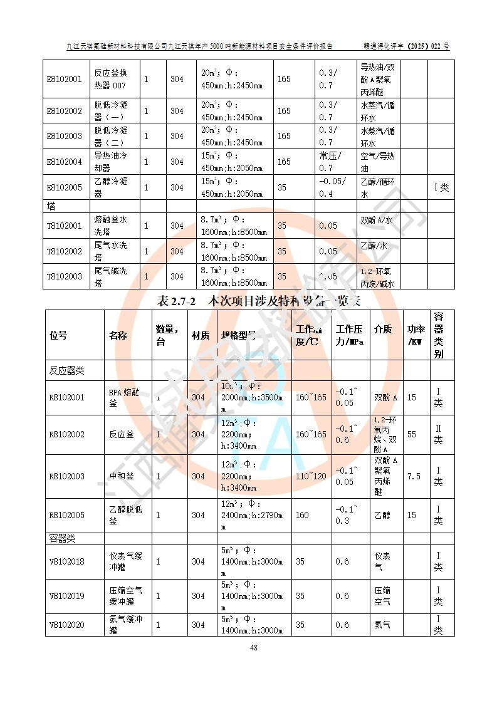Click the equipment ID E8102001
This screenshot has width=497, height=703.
coord(65,80)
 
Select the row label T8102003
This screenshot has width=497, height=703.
coord(65,276)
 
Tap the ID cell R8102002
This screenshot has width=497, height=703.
coord(66,434)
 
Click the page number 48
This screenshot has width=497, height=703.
coord(253,648)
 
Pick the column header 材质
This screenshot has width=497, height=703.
coord(201,335)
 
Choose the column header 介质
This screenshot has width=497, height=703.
coord(382,330)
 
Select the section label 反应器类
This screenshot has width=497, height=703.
coord(66,370)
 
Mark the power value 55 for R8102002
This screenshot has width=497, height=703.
coord(412,434)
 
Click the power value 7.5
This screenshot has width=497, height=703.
coord(414,476)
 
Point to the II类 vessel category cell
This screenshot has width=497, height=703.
coord(439,434)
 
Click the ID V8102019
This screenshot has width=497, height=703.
coord(66,596)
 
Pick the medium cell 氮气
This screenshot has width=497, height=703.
coord(382,625)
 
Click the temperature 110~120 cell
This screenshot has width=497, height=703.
coord(311,476)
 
